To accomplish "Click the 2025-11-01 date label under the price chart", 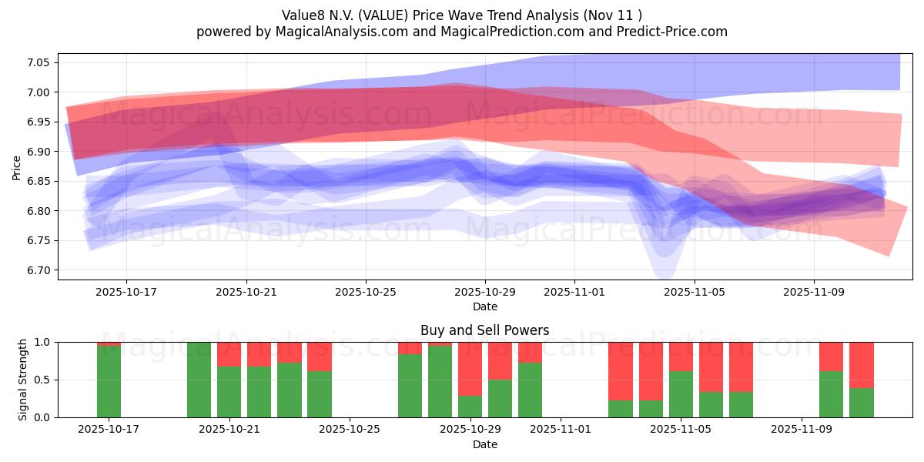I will tap(574, 293).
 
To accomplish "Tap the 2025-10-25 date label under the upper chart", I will tap(366, 293).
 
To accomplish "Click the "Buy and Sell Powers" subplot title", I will tap(484, 330).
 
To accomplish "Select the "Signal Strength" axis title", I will tap(23, 379).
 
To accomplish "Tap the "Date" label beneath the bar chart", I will tap(484, 444).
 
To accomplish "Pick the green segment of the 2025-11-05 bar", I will tap(681, 394).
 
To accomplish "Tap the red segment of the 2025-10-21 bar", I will tap(229, 353).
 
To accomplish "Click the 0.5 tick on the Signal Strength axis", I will tap(42, 380).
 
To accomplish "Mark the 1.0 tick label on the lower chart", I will tap(42, 342).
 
